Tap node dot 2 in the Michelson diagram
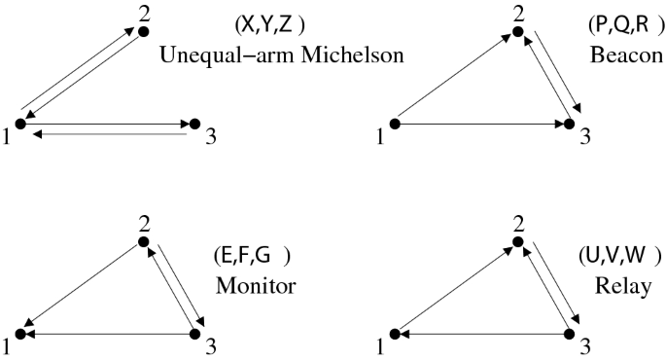(143, 32)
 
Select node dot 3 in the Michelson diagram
(193, 124)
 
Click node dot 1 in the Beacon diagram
(395, 124)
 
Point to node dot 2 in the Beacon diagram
(518, 32)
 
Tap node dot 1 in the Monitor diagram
(21, 334)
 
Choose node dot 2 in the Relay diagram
(518, 241)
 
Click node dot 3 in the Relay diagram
(570, 334)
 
